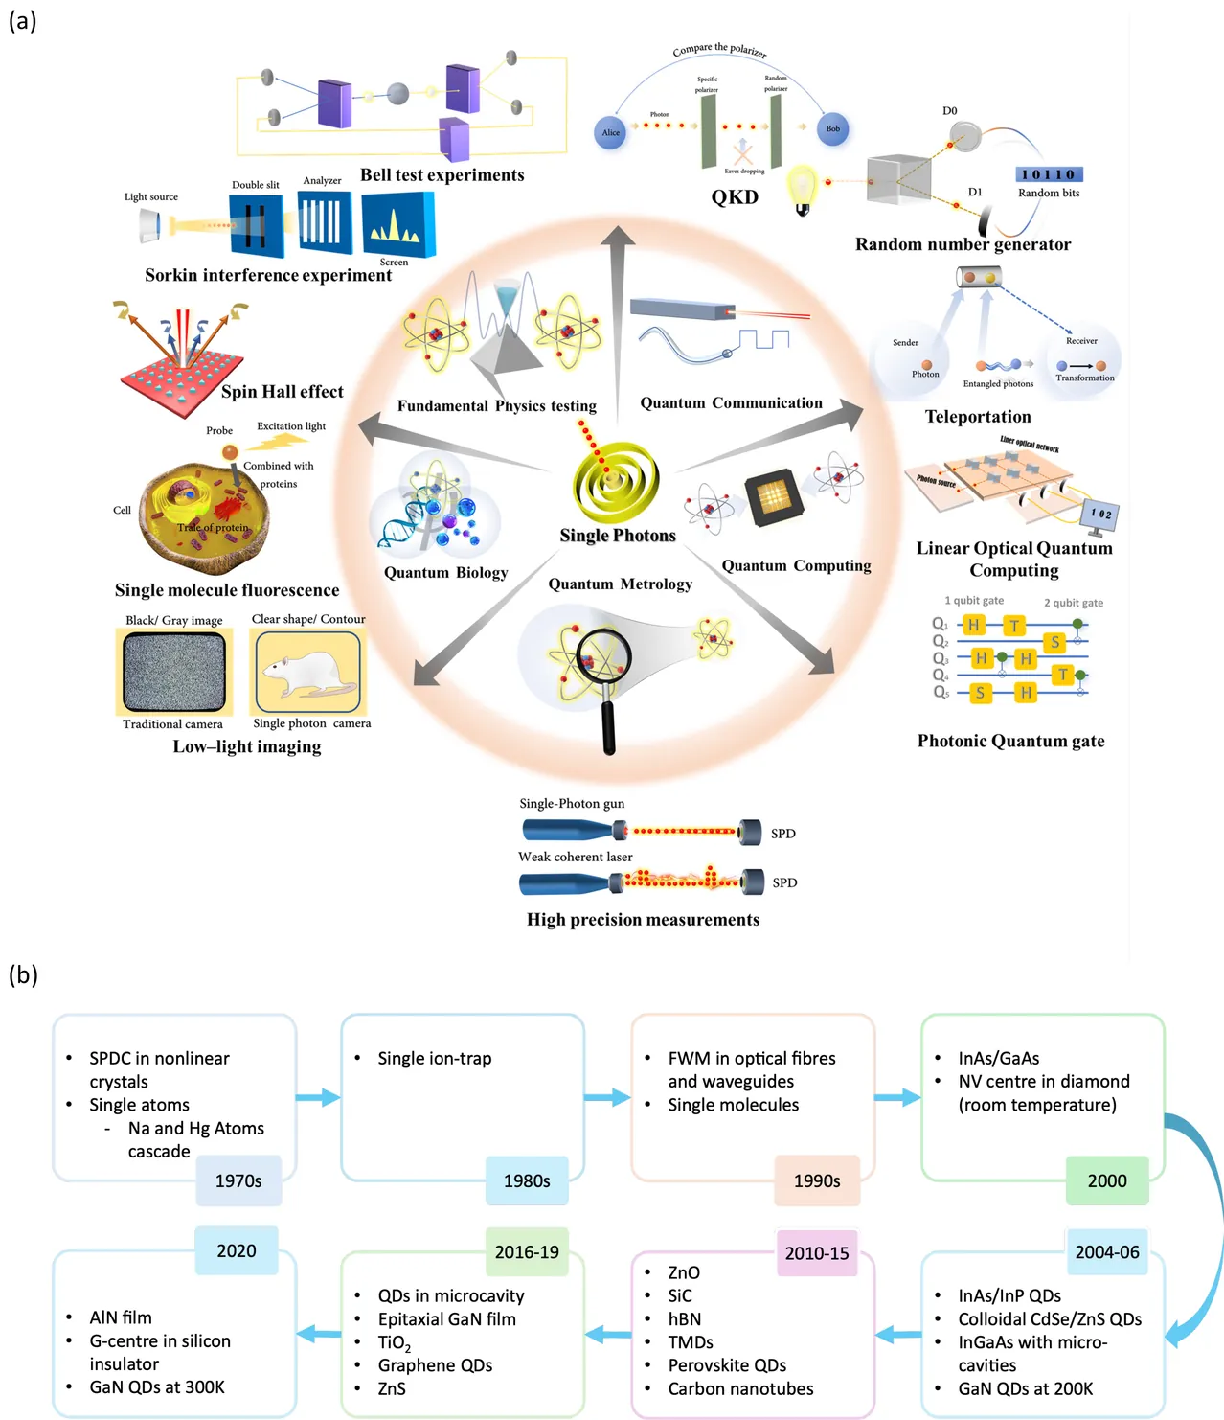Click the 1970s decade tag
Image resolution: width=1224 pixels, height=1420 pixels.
point(238,1180)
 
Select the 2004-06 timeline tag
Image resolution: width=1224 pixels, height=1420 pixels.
point(1107,1251)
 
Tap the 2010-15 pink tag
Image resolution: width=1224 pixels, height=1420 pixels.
point(817,1253)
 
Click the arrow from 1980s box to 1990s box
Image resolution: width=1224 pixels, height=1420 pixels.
point(607,1097)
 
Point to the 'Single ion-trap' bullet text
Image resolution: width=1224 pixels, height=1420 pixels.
point(434,1058)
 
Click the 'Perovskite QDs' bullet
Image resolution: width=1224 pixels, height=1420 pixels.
point(727,1365)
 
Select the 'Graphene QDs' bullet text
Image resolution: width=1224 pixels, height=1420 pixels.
point(435,1365)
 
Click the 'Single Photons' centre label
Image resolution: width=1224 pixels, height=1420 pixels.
point(618,536)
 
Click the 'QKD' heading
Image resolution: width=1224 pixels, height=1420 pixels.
point(735,197)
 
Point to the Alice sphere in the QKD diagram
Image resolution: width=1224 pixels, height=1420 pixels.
point(610,132)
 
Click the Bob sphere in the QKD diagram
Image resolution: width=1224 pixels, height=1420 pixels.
point(833,128)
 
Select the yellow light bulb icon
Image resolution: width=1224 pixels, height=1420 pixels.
point(802,188)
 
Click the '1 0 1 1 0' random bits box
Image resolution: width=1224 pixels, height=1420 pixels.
point(1048,174)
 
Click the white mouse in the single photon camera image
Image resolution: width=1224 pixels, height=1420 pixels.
point(304,674)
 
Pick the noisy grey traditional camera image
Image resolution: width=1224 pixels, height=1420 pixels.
point(174,671)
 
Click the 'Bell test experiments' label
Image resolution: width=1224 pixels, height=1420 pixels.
point(442,175)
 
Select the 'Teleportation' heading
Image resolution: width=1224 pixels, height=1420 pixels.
point(978,417)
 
